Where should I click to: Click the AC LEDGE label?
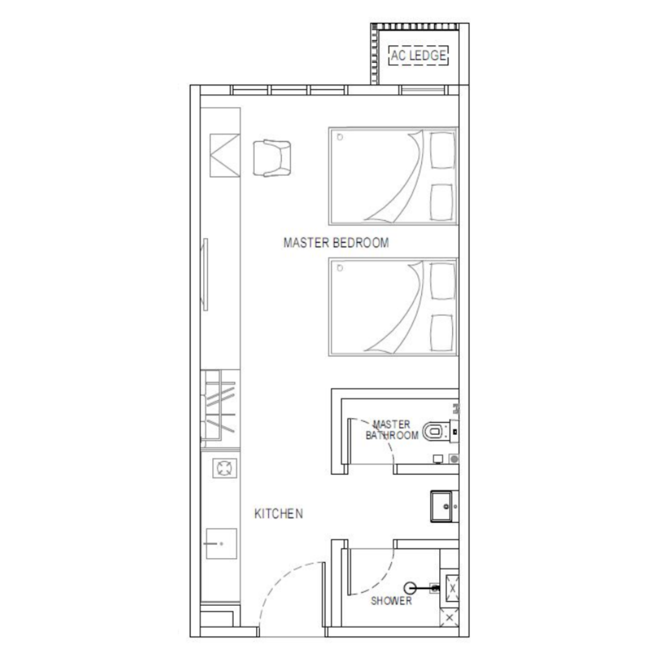418,55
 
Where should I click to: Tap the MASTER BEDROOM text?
336,243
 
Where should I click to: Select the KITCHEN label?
279,514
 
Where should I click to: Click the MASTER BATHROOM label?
392,430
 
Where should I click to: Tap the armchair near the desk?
272,158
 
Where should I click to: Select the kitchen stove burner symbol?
224,468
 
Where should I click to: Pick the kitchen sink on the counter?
221,544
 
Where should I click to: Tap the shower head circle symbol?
410,588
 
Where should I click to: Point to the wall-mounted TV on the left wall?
205,274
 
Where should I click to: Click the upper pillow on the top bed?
443,150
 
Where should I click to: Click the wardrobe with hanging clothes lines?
220,409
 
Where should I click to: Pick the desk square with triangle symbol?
225,155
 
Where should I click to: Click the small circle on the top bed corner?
340,137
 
